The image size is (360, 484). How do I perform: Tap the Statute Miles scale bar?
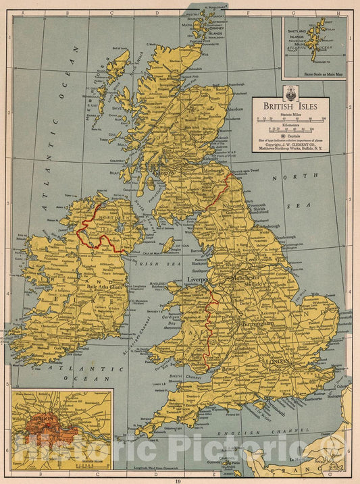coord(290,120)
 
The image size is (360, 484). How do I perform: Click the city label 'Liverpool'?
coord(199,278)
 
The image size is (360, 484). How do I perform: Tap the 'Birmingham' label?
coord(255,323)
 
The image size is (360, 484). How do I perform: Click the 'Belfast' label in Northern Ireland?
coord(143,230)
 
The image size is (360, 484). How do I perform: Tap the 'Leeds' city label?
coord(253,259)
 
